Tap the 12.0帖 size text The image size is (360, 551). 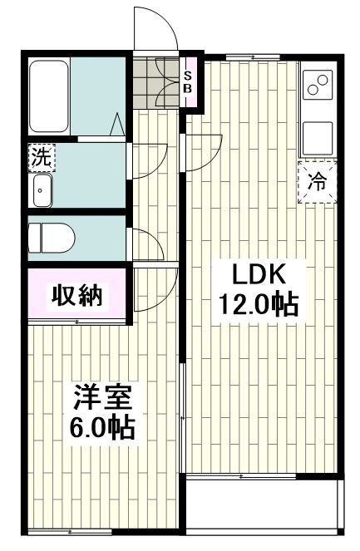[259, 305]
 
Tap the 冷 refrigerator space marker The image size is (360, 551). [318, 180]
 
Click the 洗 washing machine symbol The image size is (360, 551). [39, 155]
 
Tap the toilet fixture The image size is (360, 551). [51, 239]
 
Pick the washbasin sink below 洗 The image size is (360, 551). [42, 190]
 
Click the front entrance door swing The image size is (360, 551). [156, 31]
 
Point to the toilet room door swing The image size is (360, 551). [146, 246]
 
